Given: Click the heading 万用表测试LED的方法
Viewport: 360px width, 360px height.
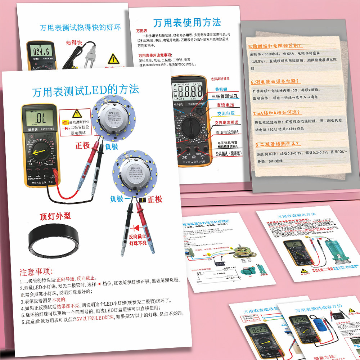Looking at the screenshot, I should [x=85, y=90].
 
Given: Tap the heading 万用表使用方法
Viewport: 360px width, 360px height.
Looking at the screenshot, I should [x=187, y=23].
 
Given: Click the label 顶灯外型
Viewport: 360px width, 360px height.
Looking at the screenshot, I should [x=55, y=216].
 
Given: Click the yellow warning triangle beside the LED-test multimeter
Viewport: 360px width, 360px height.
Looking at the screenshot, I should [x=77, y=114].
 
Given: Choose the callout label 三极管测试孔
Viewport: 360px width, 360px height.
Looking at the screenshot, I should [x=225, y=96].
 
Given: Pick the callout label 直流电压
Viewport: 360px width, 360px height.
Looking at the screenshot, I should [x=225, y=105].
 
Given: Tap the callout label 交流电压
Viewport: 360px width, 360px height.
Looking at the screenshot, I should [x=225, y=114].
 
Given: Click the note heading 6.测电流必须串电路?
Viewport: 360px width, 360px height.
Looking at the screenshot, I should [x=276, y=82].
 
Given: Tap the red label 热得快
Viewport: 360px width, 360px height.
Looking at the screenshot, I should [x=74, y=42].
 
